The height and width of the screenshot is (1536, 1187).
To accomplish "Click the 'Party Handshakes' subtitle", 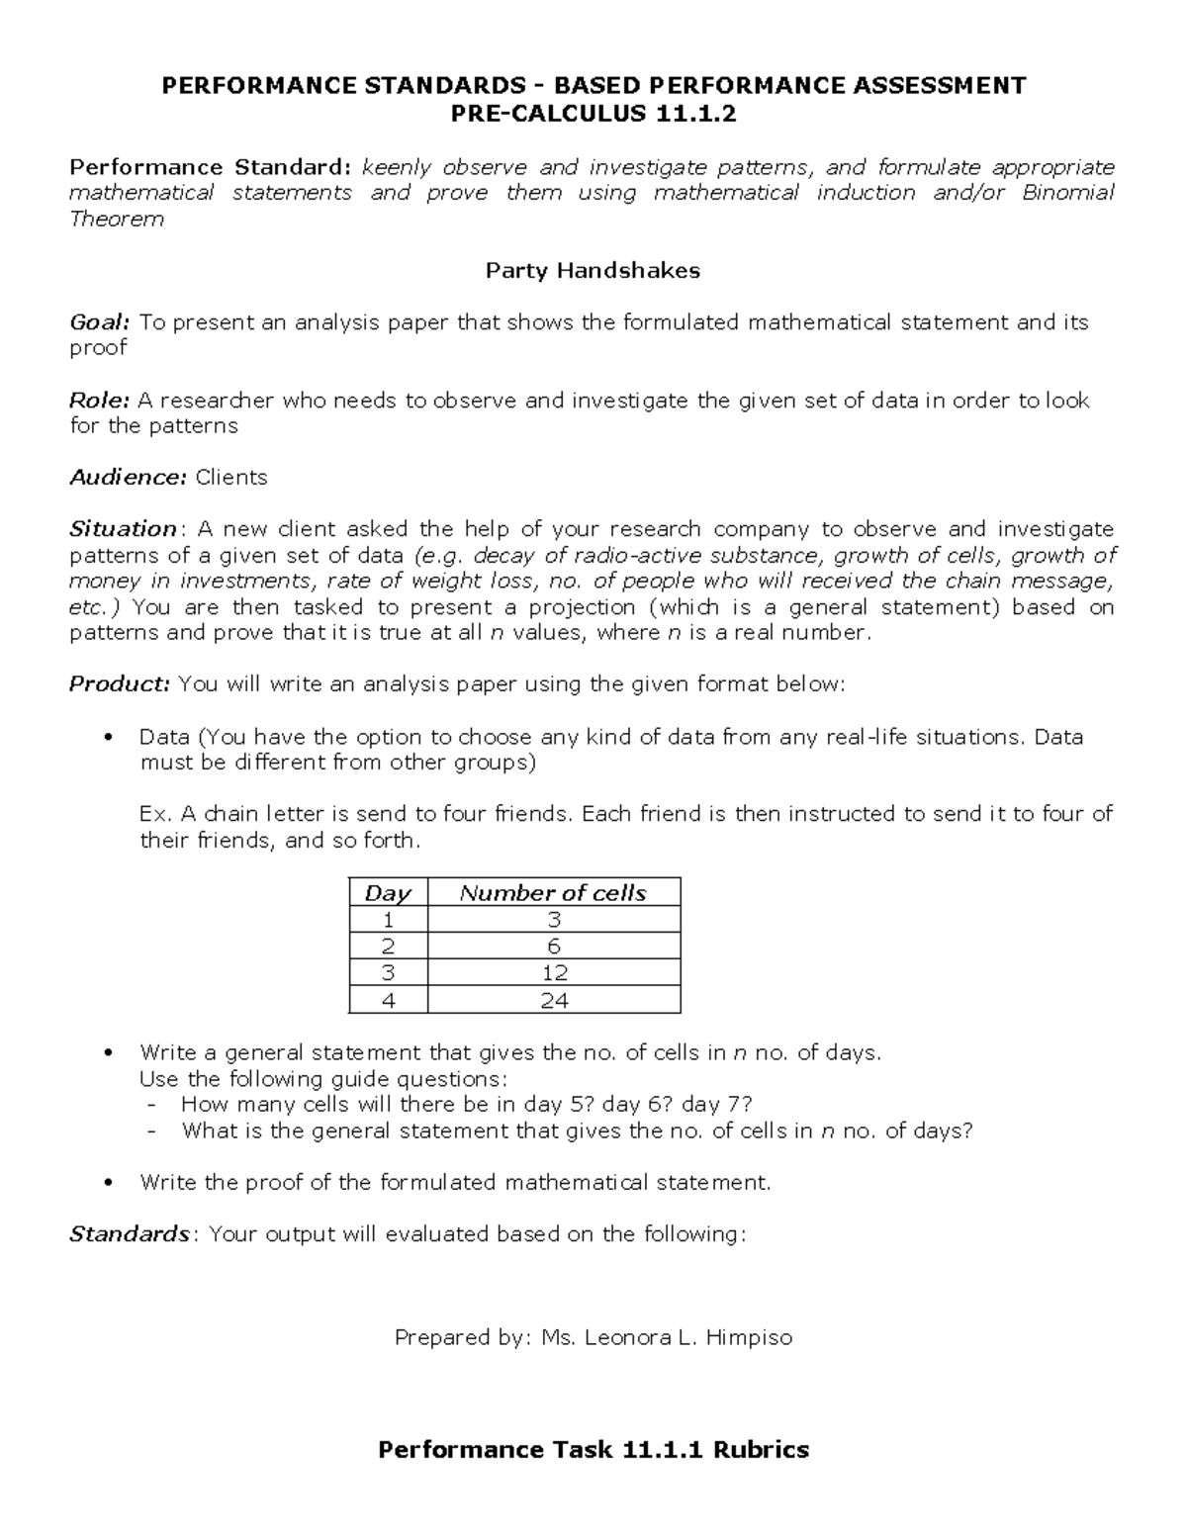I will click(593, 270).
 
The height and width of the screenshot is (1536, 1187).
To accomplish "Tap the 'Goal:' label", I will click(99, 322).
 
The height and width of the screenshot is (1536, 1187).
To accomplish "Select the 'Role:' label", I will click(99, 401).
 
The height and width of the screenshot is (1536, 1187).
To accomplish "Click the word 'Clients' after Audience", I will click(231, 478).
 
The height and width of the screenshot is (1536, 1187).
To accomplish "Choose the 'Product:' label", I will click(120, 684).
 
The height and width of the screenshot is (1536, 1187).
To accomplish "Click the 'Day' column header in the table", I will click(388, 893).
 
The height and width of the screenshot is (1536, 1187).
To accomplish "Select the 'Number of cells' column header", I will click(553, 893).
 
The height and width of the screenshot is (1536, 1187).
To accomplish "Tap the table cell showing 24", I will click(554, 1000).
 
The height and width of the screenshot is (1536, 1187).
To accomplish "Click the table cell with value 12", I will click(554, 973).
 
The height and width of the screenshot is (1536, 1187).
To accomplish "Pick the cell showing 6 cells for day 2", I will click(554, 947).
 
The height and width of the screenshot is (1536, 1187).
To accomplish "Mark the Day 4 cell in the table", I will click(388, 1000).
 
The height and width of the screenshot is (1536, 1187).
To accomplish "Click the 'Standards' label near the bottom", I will click(129, 1234).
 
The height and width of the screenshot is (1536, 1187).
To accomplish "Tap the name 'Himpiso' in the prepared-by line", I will click(749, 1338).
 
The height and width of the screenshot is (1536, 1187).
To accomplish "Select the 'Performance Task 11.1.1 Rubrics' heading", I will click(593, 1450).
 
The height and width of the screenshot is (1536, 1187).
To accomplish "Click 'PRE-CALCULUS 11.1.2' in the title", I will click(593, 115).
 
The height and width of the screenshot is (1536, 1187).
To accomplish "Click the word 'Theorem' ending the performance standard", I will click(117, 220).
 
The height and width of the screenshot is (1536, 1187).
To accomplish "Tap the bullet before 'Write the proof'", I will click(110, 1183).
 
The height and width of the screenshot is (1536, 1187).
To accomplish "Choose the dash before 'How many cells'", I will click(150, 1106).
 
